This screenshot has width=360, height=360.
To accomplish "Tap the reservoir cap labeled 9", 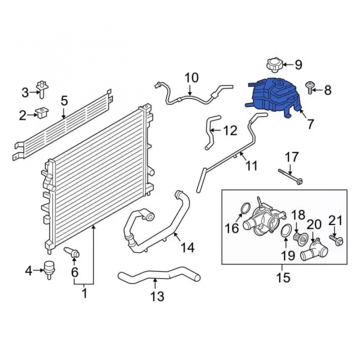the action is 274,65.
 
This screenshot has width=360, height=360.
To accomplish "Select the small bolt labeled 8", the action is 309,87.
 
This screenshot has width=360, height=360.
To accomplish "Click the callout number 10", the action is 192,78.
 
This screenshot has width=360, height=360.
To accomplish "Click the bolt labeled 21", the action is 336,239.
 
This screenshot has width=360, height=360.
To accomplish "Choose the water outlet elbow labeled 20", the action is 315,249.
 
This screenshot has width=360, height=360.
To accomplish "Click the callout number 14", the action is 188,248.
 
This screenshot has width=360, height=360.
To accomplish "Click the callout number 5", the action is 64,101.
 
